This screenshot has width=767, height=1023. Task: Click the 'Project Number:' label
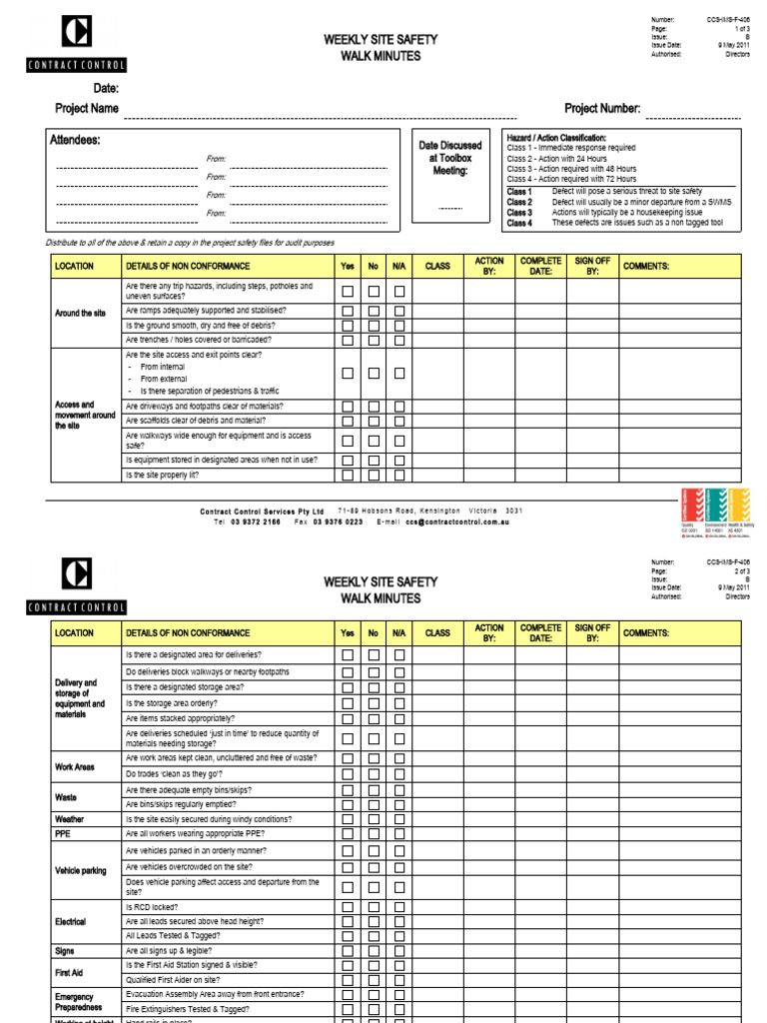(x=602, y=109)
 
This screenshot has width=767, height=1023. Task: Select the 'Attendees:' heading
(x=75, y=141)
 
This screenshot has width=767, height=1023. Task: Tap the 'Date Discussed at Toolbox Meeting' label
(x=449, y=158)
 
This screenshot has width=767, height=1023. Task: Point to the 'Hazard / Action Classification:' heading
(x=556, y=137)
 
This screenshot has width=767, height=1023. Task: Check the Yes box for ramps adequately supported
(x=348, y=311)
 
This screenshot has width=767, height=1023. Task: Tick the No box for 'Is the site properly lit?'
(x=374, y=476)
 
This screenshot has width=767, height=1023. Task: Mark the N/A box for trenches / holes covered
(x=399, y=340)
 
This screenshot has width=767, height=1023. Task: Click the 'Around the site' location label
(x=80, y=313)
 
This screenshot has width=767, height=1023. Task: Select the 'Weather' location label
(x=70, y=818)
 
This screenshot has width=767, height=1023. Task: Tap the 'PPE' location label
(x=63, y=833)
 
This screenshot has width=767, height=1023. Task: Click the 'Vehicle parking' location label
(x=81, y=870)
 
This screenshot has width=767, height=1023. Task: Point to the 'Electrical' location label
(x=71, y=921)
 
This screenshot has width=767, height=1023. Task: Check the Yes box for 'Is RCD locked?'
(x=348, y=907)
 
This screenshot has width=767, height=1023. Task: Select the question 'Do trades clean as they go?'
(x=175, y=774)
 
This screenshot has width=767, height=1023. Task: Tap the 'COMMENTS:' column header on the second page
(x=646, y=632)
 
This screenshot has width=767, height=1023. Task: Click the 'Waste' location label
(x=67, y=797)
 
